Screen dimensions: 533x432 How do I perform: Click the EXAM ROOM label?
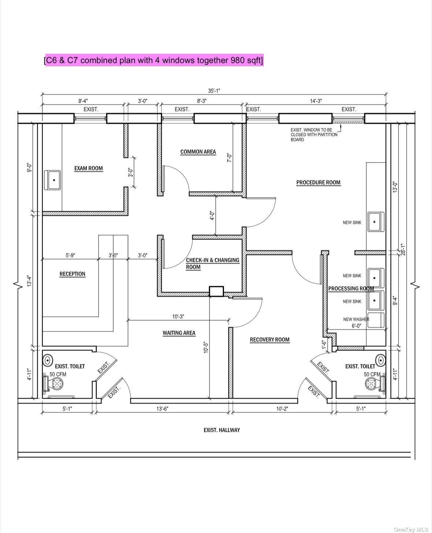[x=88, y=168]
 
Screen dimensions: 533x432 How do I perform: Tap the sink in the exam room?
[x=53, y=180]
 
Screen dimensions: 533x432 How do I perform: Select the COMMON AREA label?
[x=198, y=152]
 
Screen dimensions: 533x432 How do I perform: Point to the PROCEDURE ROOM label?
[x=318, y=182]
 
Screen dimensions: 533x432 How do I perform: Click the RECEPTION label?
[x=72, y=274]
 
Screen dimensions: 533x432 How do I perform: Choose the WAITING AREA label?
[x=179, y=333]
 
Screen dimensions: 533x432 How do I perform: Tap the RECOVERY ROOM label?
[x=269, y=340]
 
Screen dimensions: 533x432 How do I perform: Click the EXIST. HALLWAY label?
[x=222, y=430]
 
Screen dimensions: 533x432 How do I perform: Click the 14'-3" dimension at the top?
[x=316, y=101]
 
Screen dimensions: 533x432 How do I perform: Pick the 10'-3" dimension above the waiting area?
[x=178, y=316]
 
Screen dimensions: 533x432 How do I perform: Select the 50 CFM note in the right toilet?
[x=372, y=374]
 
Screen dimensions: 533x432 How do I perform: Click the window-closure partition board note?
[x=314, y=135]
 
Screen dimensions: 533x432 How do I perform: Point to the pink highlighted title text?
[x=154, y=60]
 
